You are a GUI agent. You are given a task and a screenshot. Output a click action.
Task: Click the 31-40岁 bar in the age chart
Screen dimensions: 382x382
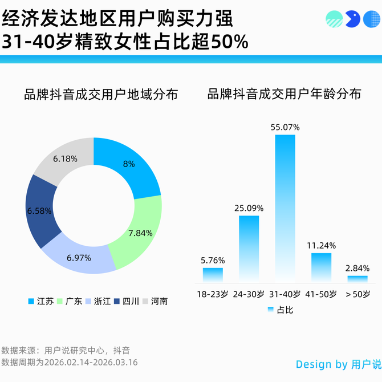pyautogui.click(x=285, y=208)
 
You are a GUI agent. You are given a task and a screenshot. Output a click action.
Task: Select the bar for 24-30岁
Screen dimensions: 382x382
pyautogui.click(x=249, y=249)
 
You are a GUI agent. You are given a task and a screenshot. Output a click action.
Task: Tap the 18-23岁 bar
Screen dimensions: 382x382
pyautogui.click(x=213, y=275)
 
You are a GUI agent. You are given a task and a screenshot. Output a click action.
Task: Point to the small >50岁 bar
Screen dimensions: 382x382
pyautogui.click(x=357, y=279)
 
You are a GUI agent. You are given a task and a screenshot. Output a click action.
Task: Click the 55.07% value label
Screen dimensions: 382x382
pyautogui.click(x=285, y=127)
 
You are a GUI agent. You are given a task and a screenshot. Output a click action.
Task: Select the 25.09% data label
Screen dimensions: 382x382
pyautogui.click(x=249, y=208)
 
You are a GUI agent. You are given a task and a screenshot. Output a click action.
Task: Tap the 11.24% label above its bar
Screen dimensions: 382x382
pyautogui.click(x=321, y=246)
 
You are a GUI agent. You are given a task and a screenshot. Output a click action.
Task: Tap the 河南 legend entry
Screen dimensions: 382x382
pyautogui.click(x=155, y=301)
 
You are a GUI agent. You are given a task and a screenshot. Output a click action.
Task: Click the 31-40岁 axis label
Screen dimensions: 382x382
pyautogui.click(x=285, y=294)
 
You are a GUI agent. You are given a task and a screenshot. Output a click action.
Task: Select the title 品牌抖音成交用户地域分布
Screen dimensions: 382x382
pyautogui.click(x=101, y=95)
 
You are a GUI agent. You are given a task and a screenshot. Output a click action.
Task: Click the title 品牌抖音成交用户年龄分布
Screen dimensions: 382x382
pyautogui.click(x=285, y=95)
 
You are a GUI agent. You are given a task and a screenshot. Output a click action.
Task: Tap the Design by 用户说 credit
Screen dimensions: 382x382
pyautogui.click(x=338, y=364)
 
